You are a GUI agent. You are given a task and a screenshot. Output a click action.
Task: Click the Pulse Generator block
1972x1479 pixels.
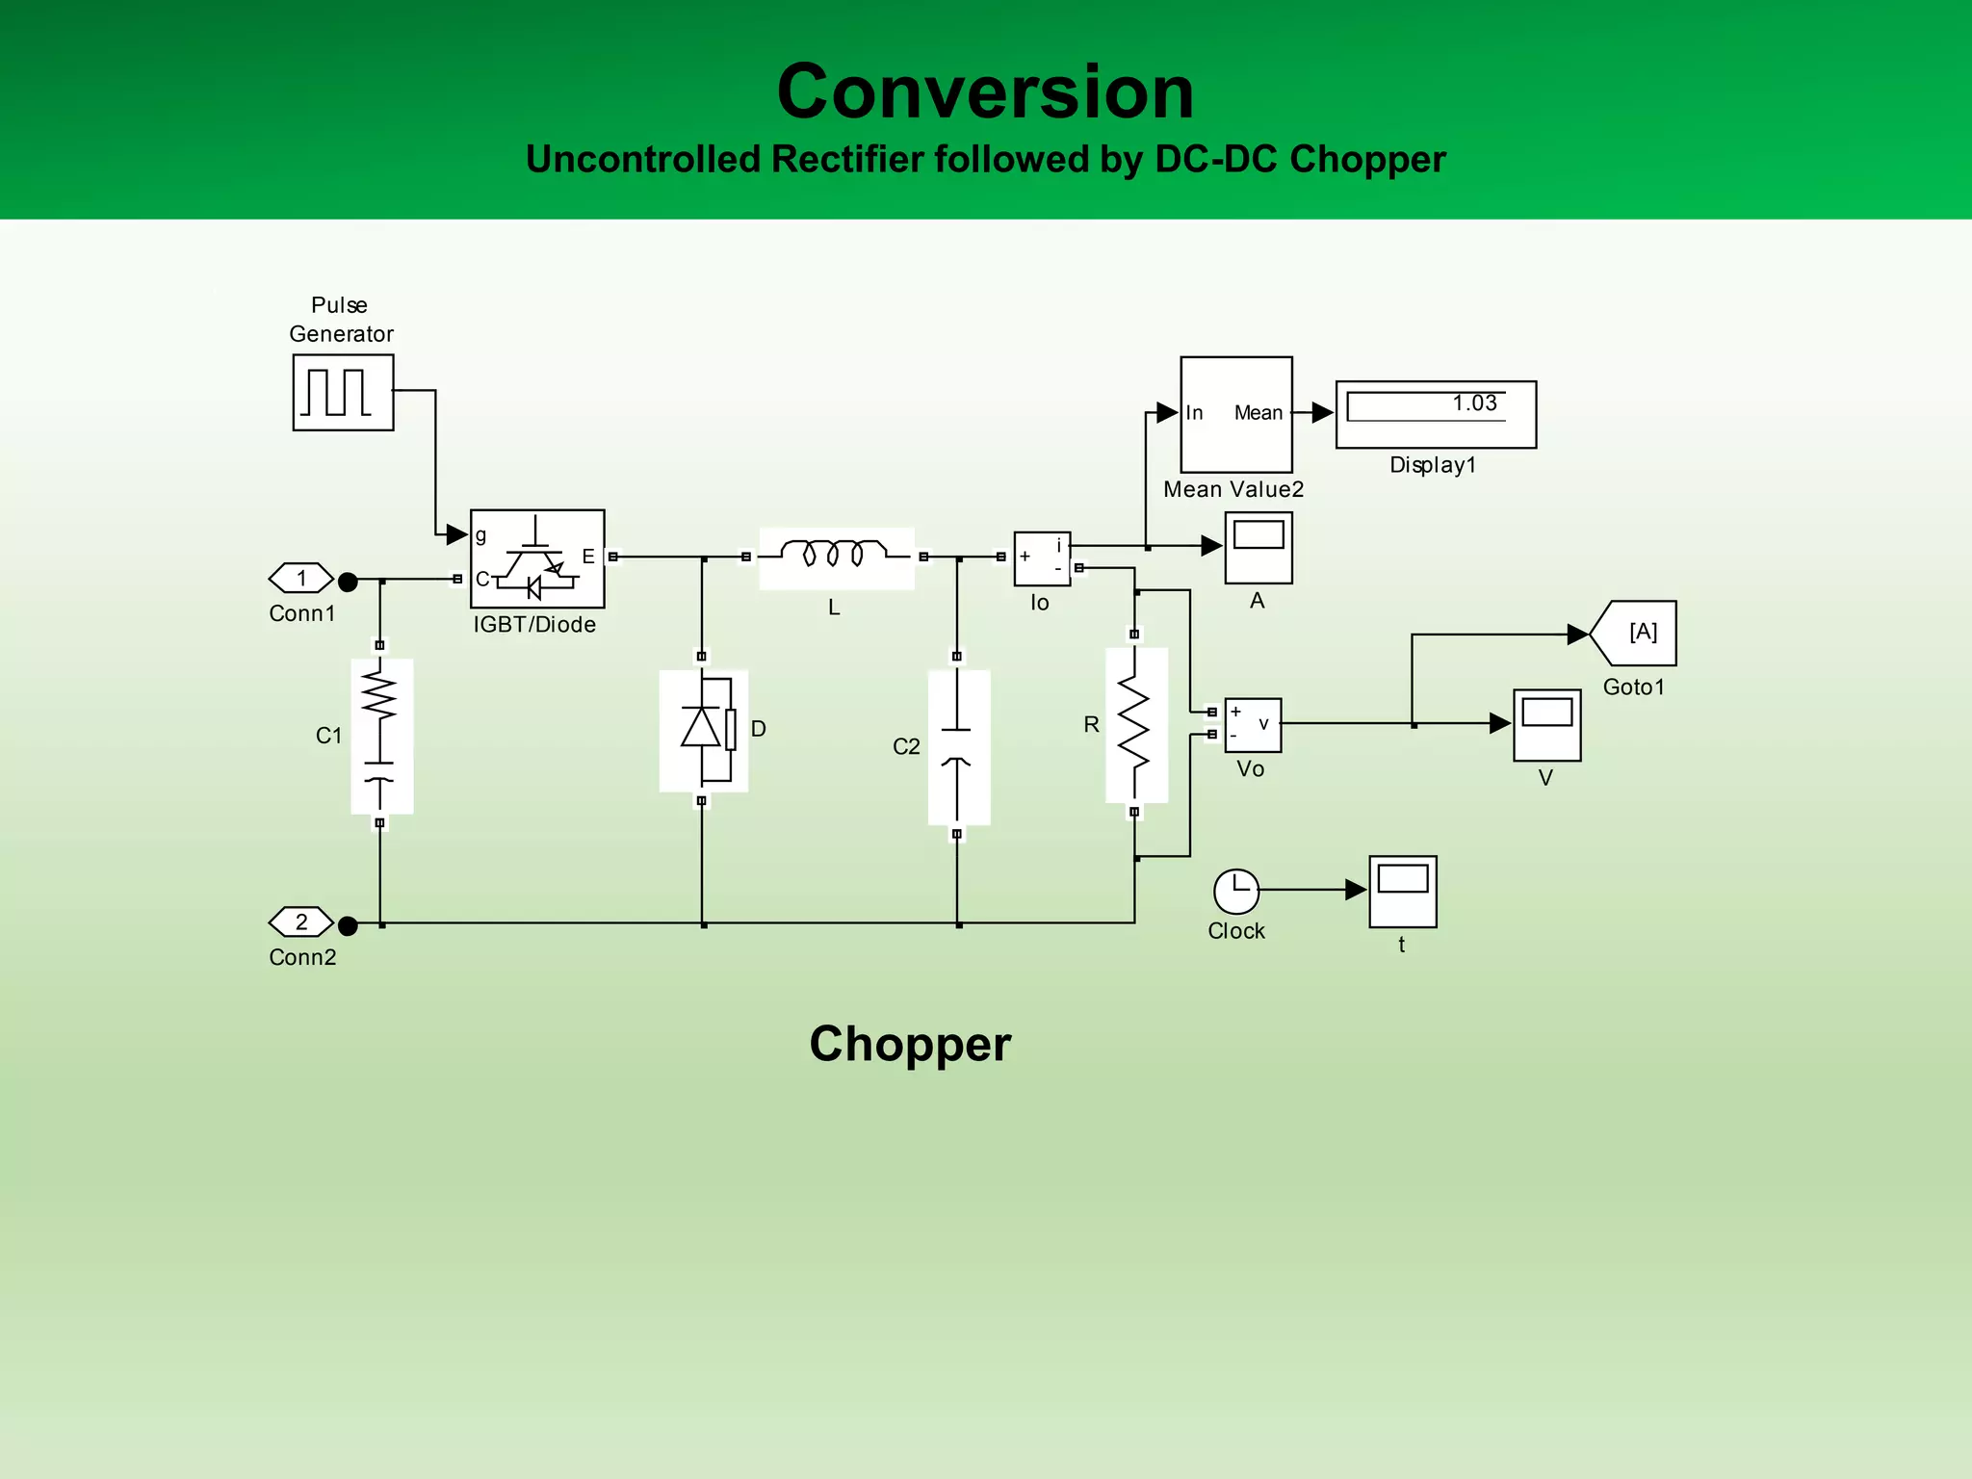click(343, 392)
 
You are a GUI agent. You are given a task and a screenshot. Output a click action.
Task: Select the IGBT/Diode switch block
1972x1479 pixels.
click(537, 558)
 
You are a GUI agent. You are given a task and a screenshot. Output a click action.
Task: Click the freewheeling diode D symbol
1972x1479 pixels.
click(704, 729)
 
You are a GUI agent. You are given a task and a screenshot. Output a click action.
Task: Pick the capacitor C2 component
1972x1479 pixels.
click(957, 746)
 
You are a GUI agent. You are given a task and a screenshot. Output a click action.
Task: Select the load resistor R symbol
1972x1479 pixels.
click(1135, 724)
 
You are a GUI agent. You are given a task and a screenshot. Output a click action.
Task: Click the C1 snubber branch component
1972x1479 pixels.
click(381, 735)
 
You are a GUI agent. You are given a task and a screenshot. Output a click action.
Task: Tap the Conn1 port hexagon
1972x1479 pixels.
click(300, 579)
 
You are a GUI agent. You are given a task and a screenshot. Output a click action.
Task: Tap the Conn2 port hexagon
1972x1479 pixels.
click(300, 922)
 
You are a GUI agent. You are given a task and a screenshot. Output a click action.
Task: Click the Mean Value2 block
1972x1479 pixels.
click(1236, 414)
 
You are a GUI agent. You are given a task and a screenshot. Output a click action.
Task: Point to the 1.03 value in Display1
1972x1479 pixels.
click(1474, 403)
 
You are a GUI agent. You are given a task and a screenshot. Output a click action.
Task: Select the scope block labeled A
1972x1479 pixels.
click(1258, 547)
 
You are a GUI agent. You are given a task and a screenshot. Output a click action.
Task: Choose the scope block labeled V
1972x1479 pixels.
click(1546, 724)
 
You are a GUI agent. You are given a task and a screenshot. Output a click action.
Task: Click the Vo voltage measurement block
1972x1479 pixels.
click(1253, 724)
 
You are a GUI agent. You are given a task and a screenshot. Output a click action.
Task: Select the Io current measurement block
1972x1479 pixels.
click(1042, 558)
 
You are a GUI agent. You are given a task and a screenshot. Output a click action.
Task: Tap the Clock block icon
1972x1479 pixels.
click(1236, 892)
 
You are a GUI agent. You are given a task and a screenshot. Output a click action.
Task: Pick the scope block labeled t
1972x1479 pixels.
click(1403, 891)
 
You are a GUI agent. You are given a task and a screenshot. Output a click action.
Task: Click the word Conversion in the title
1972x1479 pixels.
click(985, 91)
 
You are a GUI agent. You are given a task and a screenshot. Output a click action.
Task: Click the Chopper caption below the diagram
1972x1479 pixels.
click(910, 1044)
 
